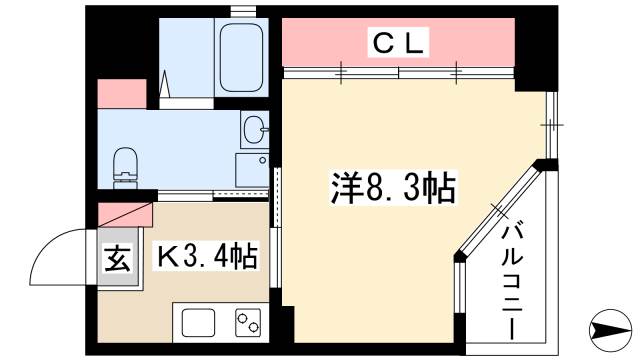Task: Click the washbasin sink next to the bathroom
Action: [253, 129]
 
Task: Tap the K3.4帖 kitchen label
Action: [206, 256]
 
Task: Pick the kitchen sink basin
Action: [197, 323]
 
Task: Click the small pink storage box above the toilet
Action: [117, 92]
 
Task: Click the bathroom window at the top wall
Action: [241, 10]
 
